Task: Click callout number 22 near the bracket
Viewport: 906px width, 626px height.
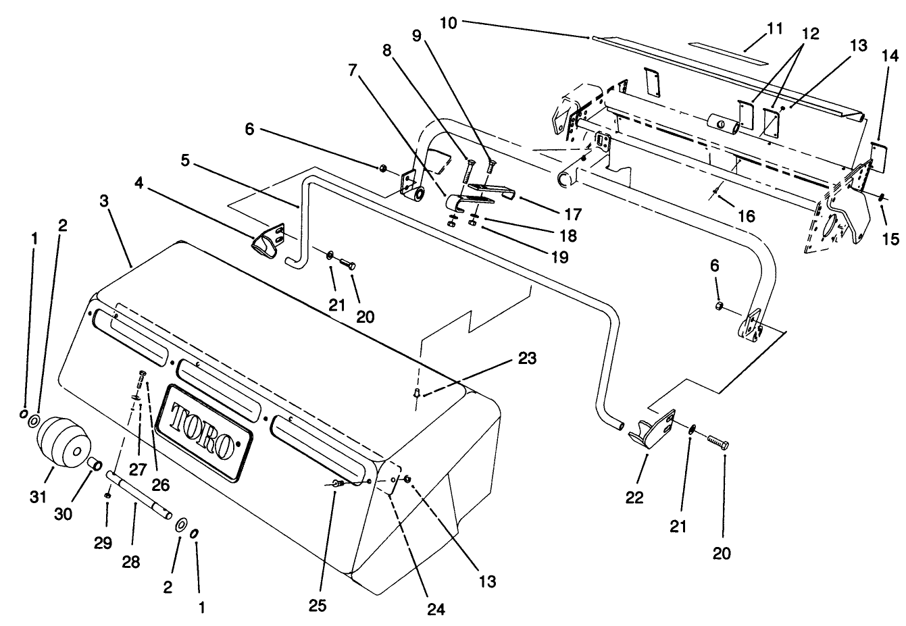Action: [x=635, y=498]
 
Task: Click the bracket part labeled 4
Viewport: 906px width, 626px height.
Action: [x=266, y=243]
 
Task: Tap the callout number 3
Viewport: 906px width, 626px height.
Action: [x=104, y=201]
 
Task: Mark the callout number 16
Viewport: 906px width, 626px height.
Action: [x=747, y=216]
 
